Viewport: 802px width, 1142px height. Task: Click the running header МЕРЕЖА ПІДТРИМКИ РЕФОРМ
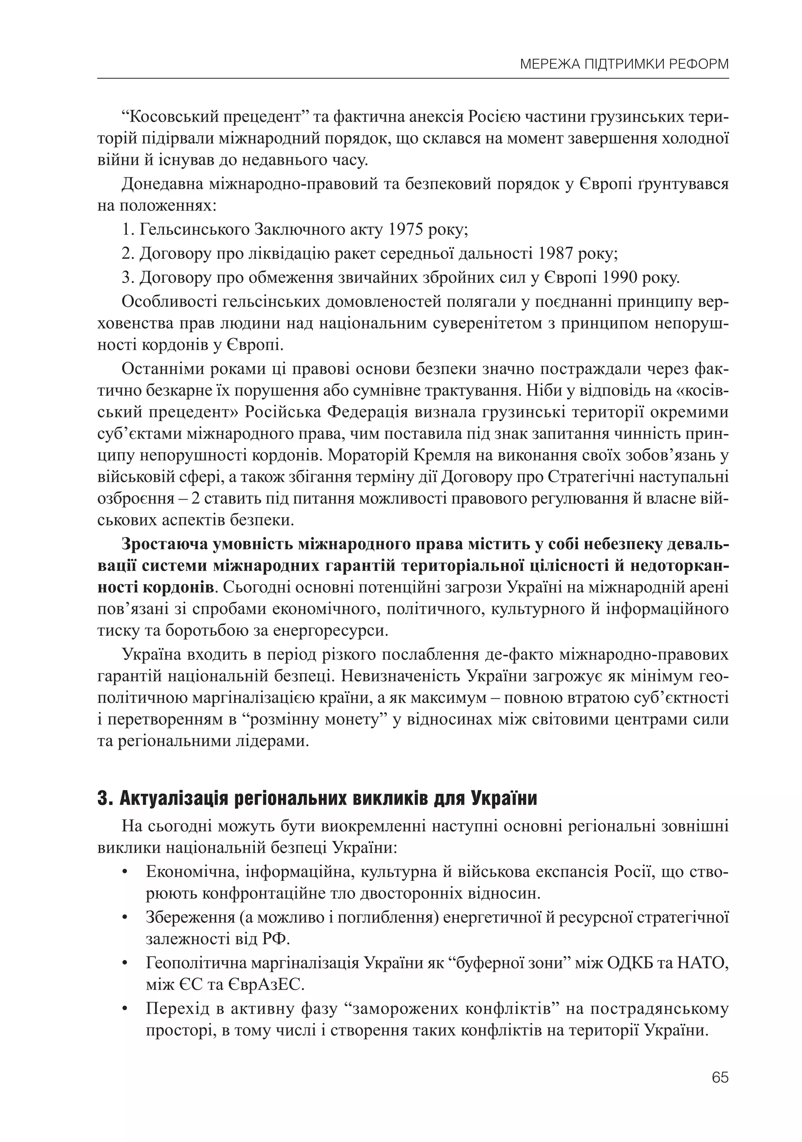coord(624,64)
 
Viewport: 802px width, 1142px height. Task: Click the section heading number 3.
coord(103,799)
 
